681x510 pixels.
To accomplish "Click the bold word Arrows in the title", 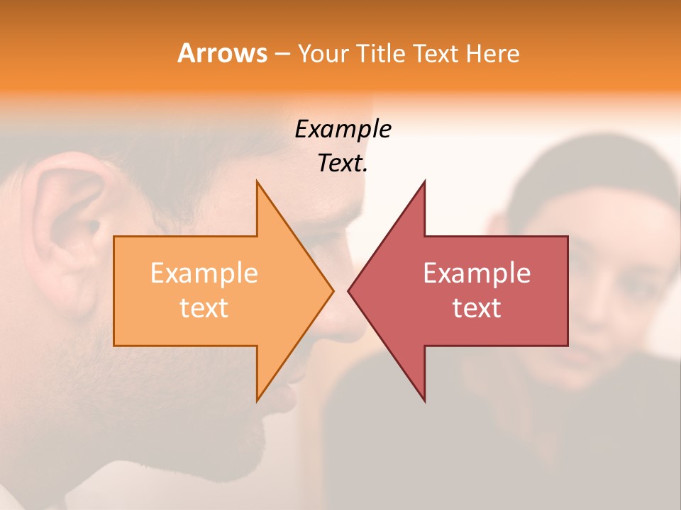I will pyautogui.click(x=222, y=53).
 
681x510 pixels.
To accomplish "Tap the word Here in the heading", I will pyautogui.click(x=493, y=53).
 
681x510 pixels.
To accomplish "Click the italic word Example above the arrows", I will pyautogui.click(x=343, y=130).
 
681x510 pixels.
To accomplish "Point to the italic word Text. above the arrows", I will pyautogui.click(x=343, y=164).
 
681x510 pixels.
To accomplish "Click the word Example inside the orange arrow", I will pyautogui.click(x=204, y=273).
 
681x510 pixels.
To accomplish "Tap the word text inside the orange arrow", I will pyautogui.click(x=204, y=307).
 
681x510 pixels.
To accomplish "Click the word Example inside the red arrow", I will pyautogui.click(x=477, y=273).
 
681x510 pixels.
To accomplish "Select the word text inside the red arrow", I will pyautogui.click(x=477, y=307).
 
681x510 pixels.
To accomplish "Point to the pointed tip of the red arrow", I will pyautogui.click(x=349, y=290).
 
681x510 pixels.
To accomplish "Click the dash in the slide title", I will pyautogui.click(x=282, y=55).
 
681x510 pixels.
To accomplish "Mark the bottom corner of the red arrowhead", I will pyautogui.click(x=424, y=400).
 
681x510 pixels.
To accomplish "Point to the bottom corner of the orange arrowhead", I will pyautogui.click(x=258, y=400).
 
